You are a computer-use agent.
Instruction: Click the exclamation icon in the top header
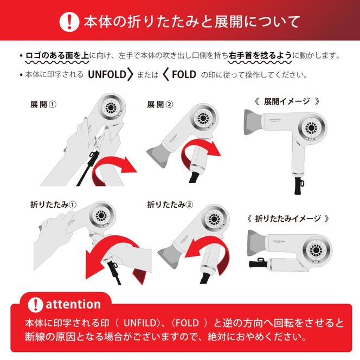coord(69,22)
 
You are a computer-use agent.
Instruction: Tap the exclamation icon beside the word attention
coord(35,305)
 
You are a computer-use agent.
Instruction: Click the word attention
coord(73,305)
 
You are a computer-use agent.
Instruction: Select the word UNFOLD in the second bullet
coord(107,74)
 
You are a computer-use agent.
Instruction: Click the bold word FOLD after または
coord(184,74)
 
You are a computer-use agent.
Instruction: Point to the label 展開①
coord(43,105)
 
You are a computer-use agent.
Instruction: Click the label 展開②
coord(160,105)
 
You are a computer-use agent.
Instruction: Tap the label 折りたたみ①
coord(53,204)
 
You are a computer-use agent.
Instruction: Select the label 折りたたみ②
coord(170,204)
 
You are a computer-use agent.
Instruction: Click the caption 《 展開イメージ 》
coord(287,101)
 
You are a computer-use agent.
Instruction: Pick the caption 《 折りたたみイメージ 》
coord(288,218)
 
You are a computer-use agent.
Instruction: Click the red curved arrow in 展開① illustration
coord(113,170)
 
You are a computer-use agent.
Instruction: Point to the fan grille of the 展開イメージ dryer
coord(311,127)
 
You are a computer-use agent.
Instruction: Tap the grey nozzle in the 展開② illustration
coord(158,155)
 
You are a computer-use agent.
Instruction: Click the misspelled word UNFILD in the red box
coord(140,323)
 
